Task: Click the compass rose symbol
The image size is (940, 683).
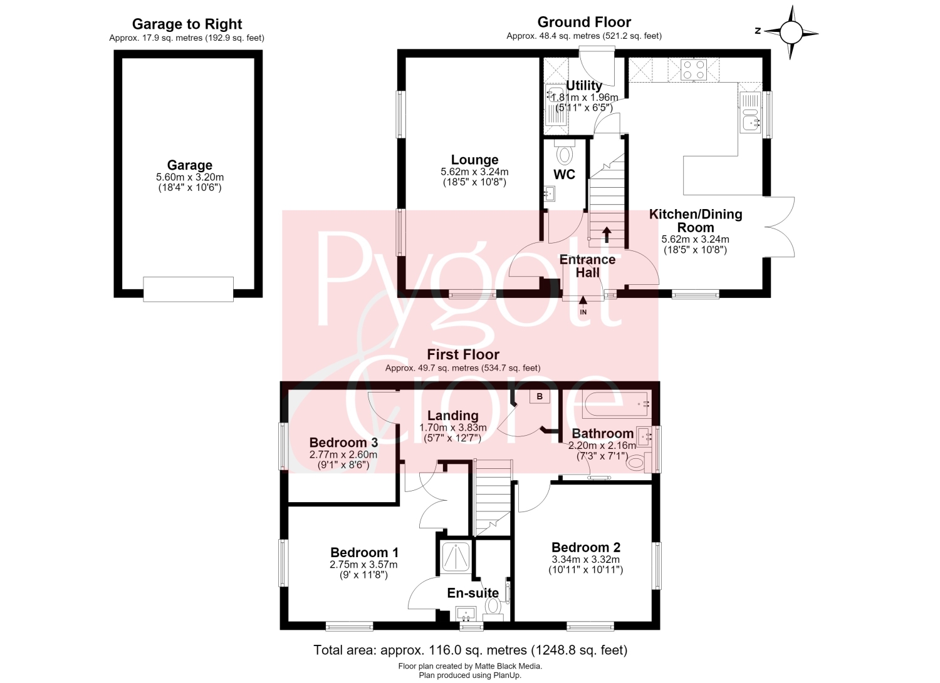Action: coord(791,33)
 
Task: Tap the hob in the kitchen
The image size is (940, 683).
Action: coord(694,70)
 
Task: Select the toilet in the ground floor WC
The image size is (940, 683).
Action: coord(565,151)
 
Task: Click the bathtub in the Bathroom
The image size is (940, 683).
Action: coord(617,404)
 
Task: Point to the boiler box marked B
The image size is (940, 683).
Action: coord(540,397)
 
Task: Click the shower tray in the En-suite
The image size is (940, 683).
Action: coord(456,557)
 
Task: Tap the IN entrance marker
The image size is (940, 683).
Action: coord(583,306)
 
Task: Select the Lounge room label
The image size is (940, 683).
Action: coord(474,160)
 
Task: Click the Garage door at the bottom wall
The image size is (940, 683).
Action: coord(188,289)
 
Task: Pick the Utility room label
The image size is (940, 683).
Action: coord(584,85)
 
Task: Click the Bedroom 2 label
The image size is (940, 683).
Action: coord(586,547)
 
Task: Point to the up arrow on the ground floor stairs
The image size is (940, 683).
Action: coord(607,235)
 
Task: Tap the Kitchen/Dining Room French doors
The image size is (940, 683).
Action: coord(780,227)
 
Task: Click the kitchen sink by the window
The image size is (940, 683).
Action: coord(750,113)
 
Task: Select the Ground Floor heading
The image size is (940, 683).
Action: coord(584,22)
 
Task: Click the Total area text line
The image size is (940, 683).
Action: coord(471,650)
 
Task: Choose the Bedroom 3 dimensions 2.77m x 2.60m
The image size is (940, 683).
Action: coord(343,454)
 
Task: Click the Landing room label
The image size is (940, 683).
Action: coord(453,416)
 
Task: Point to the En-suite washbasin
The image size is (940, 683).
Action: coord(466,614)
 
